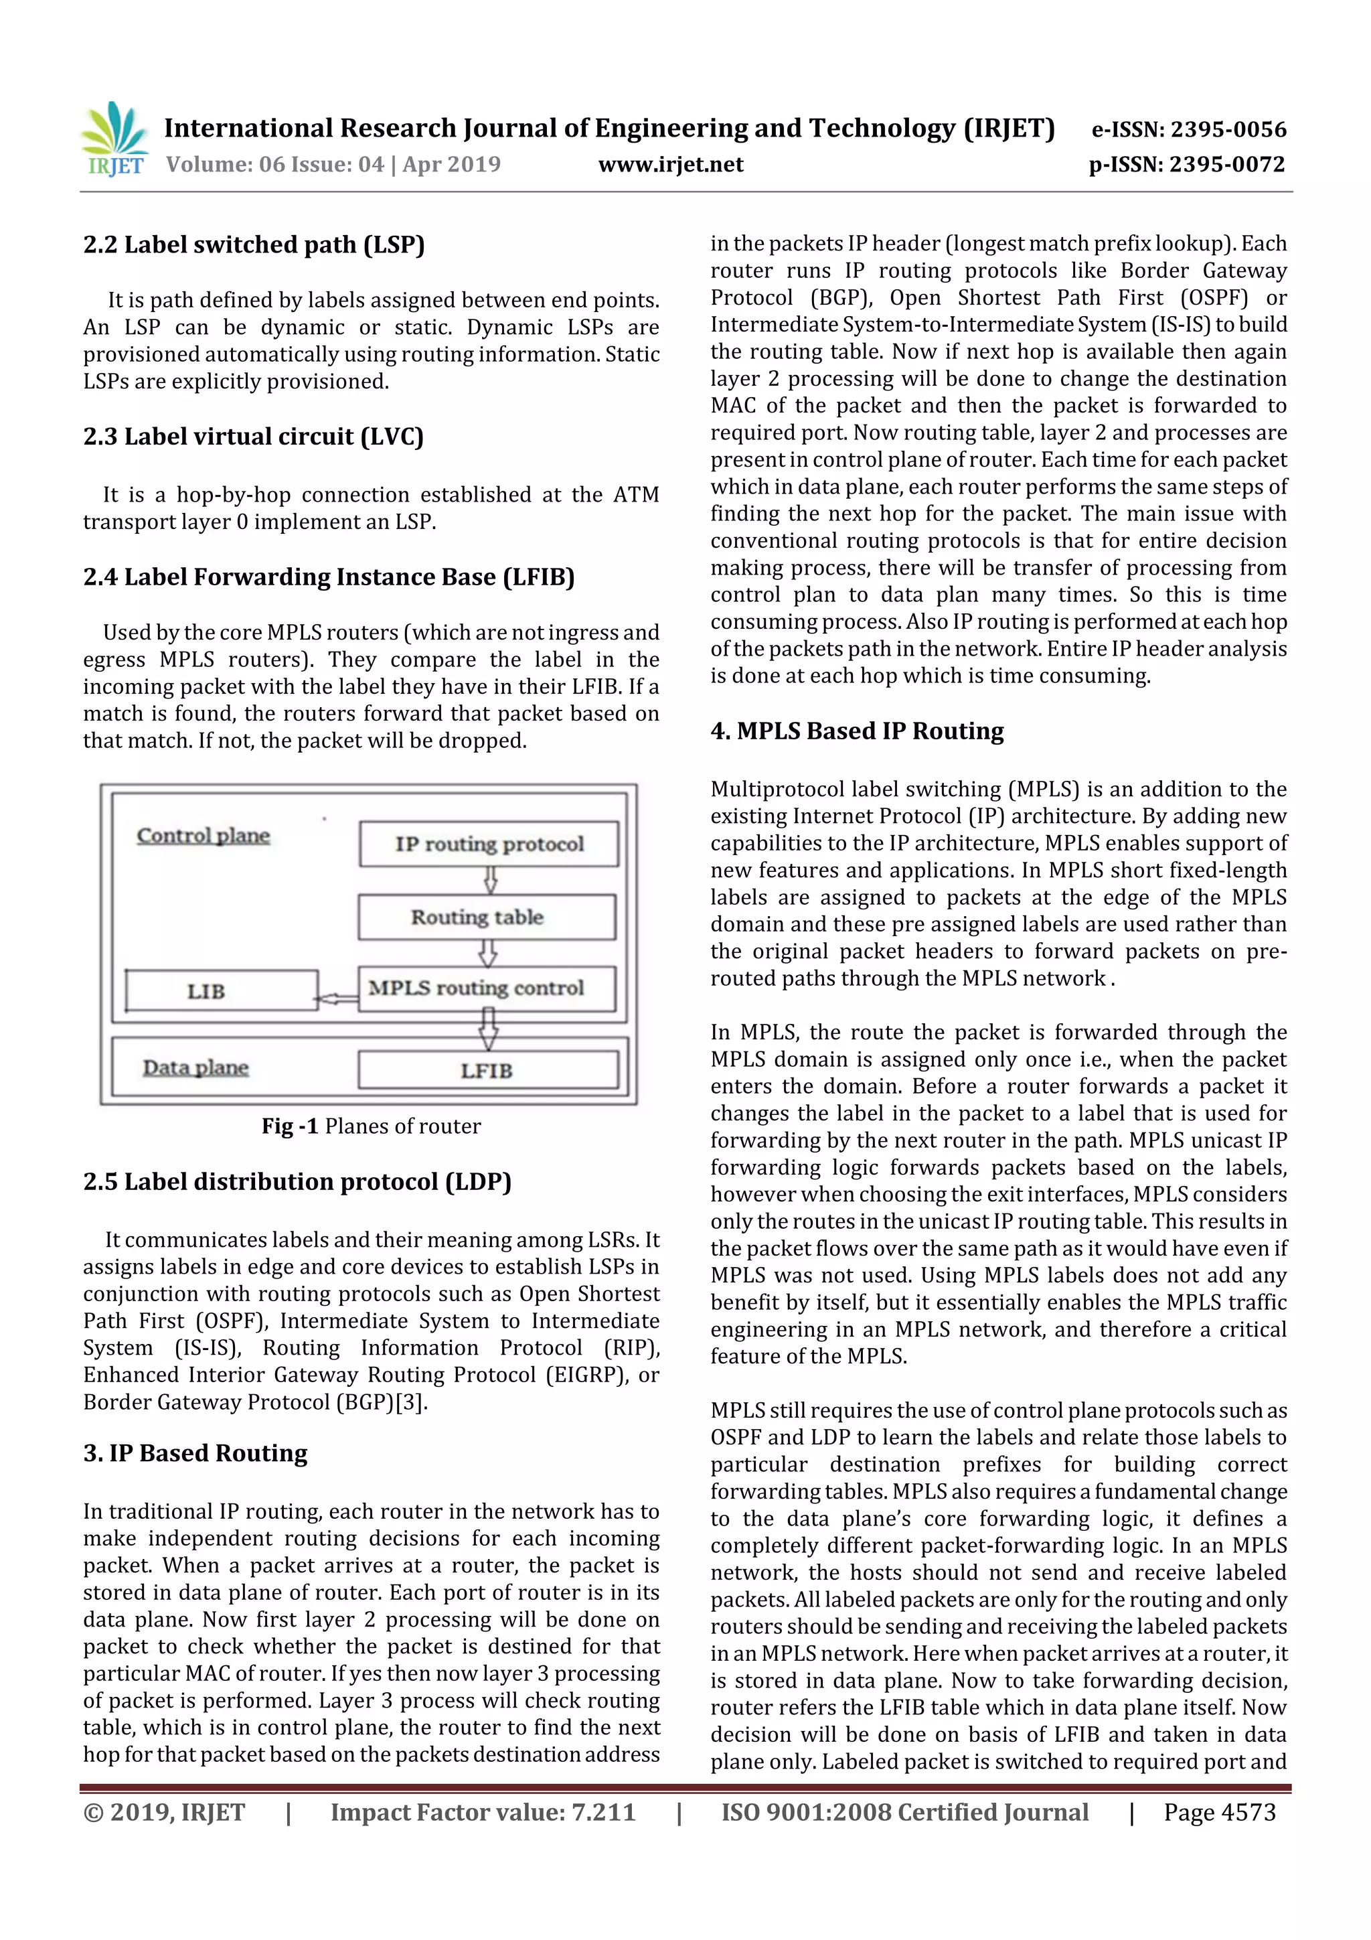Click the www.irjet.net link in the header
pos(671,165)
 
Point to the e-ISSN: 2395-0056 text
pos(1188,129)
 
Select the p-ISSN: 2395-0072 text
pos(1187,165)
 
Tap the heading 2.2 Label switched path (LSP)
pos(254,245)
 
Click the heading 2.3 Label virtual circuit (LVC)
pos(254,437)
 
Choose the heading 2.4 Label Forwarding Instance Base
pos(329,577)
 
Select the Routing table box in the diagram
pos(487,917)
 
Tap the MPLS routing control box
pos(487,988)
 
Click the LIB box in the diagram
pos(222,990)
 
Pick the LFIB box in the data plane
pos(487,1071)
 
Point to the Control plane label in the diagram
pos(204,836)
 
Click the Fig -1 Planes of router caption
pos(371,1126)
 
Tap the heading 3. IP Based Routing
pos(195,1453)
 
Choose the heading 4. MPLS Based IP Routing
pos(857,731)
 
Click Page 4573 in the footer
pos(1219,1812)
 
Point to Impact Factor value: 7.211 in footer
pos(483,1812)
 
